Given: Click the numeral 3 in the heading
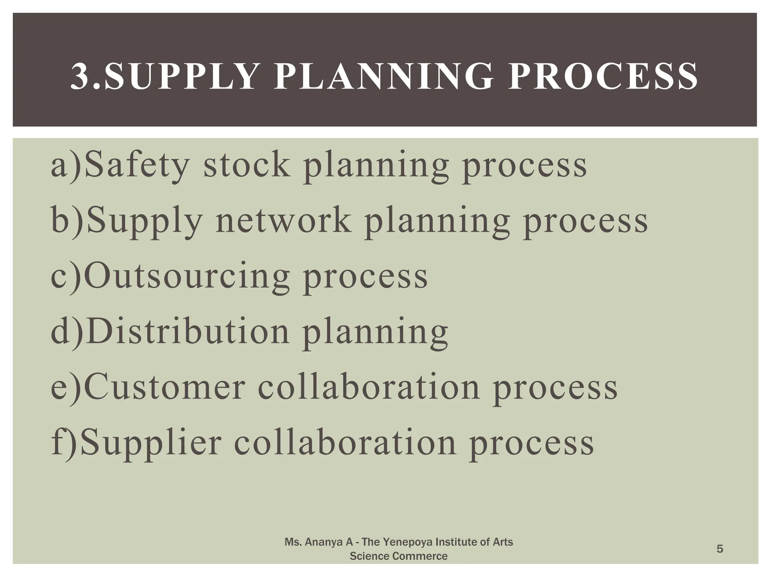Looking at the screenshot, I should (x=79, y=77).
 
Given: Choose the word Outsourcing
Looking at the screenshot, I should (x=187, y=277).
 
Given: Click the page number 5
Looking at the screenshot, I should (x=720, y=549).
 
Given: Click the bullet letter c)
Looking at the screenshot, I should (x=66, y=277).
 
